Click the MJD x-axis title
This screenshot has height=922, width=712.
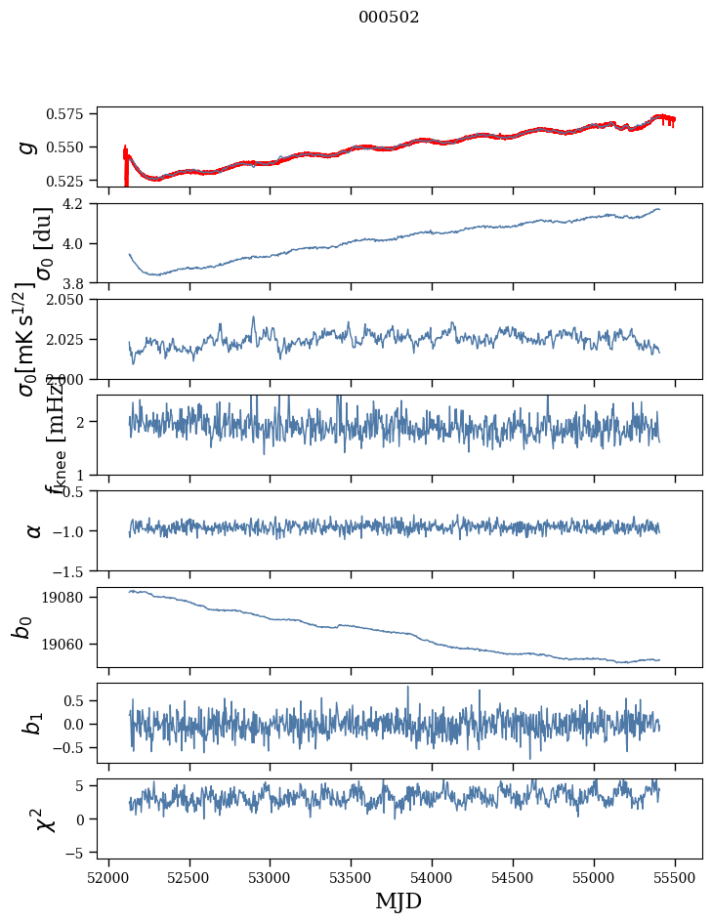(x=398, y=901)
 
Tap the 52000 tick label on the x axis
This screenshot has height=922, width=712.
(x=108, y=875)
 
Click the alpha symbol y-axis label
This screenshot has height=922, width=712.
(x=34, y=530)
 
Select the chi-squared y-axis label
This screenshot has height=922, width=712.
(x=44, y=818)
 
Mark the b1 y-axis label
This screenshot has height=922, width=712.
(x=34, y=723)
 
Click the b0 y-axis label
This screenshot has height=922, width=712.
(x=22, y=627)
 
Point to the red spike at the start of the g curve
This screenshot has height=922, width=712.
(x=126, y=166)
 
